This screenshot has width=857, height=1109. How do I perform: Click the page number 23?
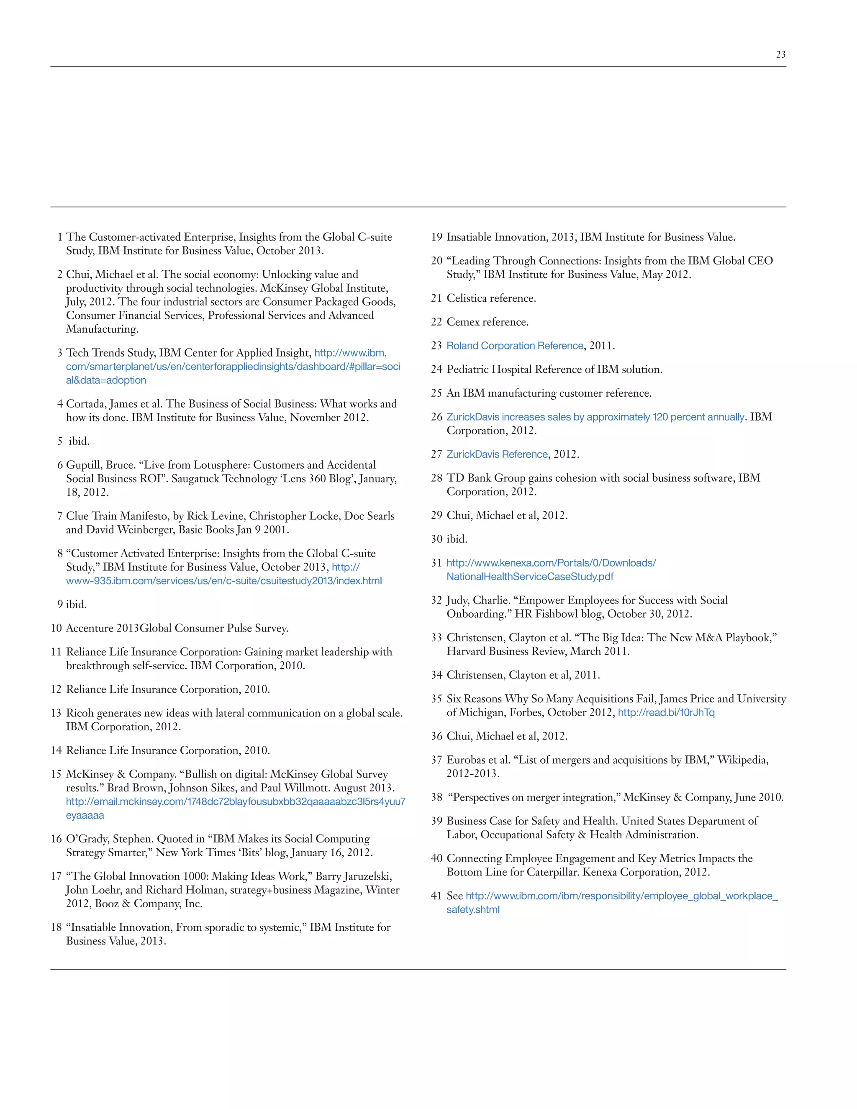tap(780, 54)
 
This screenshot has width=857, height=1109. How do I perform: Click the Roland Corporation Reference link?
tap(514, 346)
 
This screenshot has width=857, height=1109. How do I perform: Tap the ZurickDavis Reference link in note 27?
tap(497, 454)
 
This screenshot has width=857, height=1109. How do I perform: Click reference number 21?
tap(436, 298)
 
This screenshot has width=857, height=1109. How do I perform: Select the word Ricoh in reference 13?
tap(80, 714)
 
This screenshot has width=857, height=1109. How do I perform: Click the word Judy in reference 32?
tap(457, 601)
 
